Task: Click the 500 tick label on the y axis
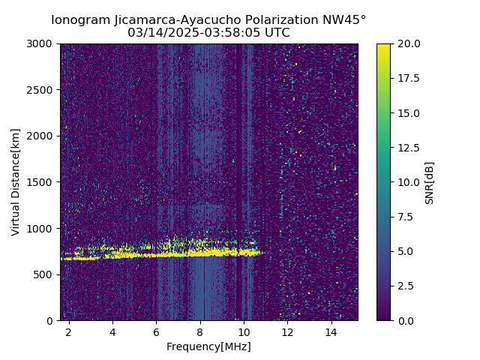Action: click(x=46, y=274)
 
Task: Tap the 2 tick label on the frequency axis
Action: click(x=69, y=331)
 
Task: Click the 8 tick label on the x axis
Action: click(x=200, y=331)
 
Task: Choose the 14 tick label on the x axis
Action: click(x=331, y=331)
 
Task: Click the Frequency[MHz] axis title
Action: click(x=208, y=346)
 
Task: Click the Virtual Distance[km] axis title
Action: click(x=16, y=182)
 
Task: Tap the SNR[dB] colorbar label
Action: click(x=430, y=182)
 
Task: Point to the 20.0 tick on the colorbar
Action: click(x=406, y=43)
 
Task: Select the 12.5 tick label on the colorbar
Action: click(x=406, y=148)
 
